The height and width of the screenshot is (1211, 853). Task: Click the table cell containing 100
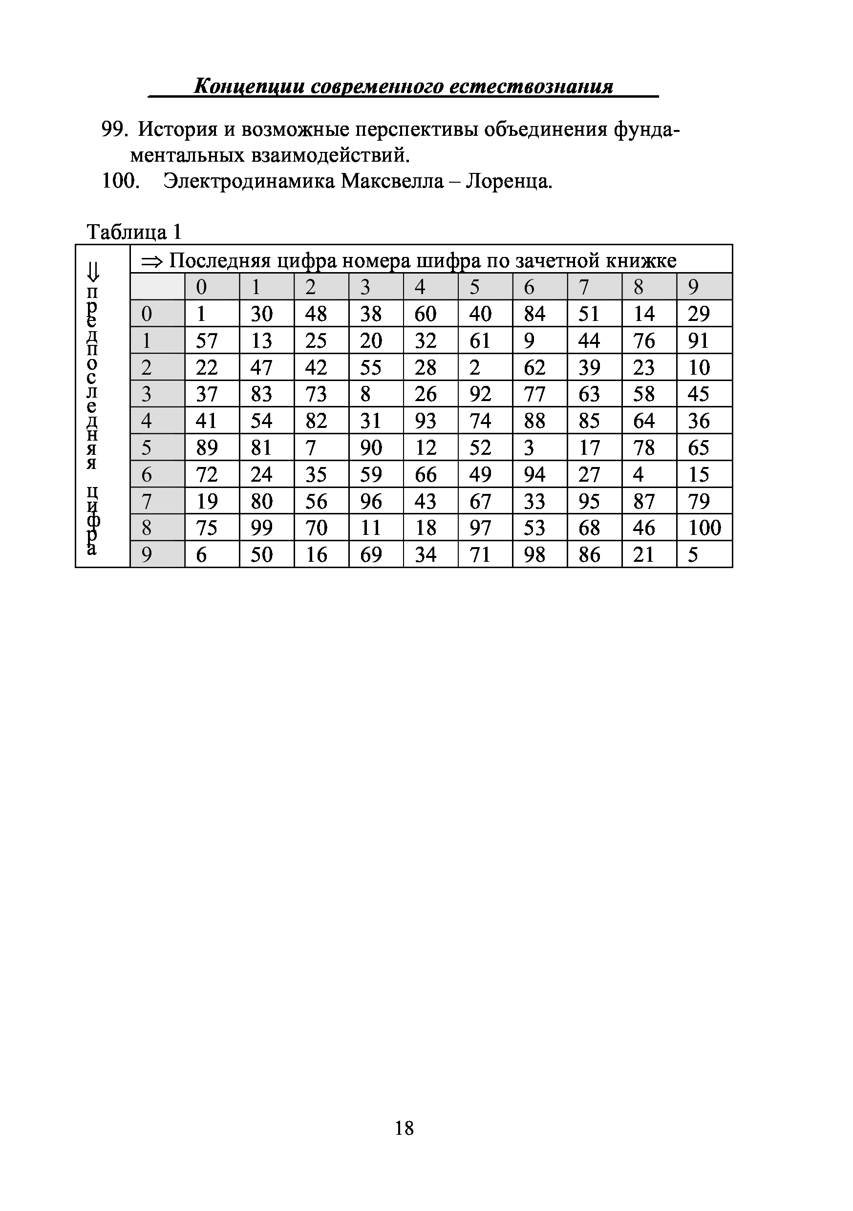pyautogui.click(x=704, y=528)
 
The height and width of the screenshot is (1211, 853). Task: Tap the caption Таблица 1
pyautogui.click(x=134, y=232)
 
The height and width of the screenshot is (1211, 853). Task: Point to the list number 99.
pyautogui.click(x=114, y=129)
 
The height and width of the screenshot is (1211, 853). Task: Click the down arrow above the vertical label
pyautogui.click(x=93, y=272)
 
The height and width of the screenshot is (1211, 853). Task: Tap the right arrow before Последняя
pyautogui.click(x=153, y=260)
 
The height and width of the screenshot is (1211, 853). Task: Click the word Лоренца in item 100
pyautogui.click(x=509, y=181)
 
